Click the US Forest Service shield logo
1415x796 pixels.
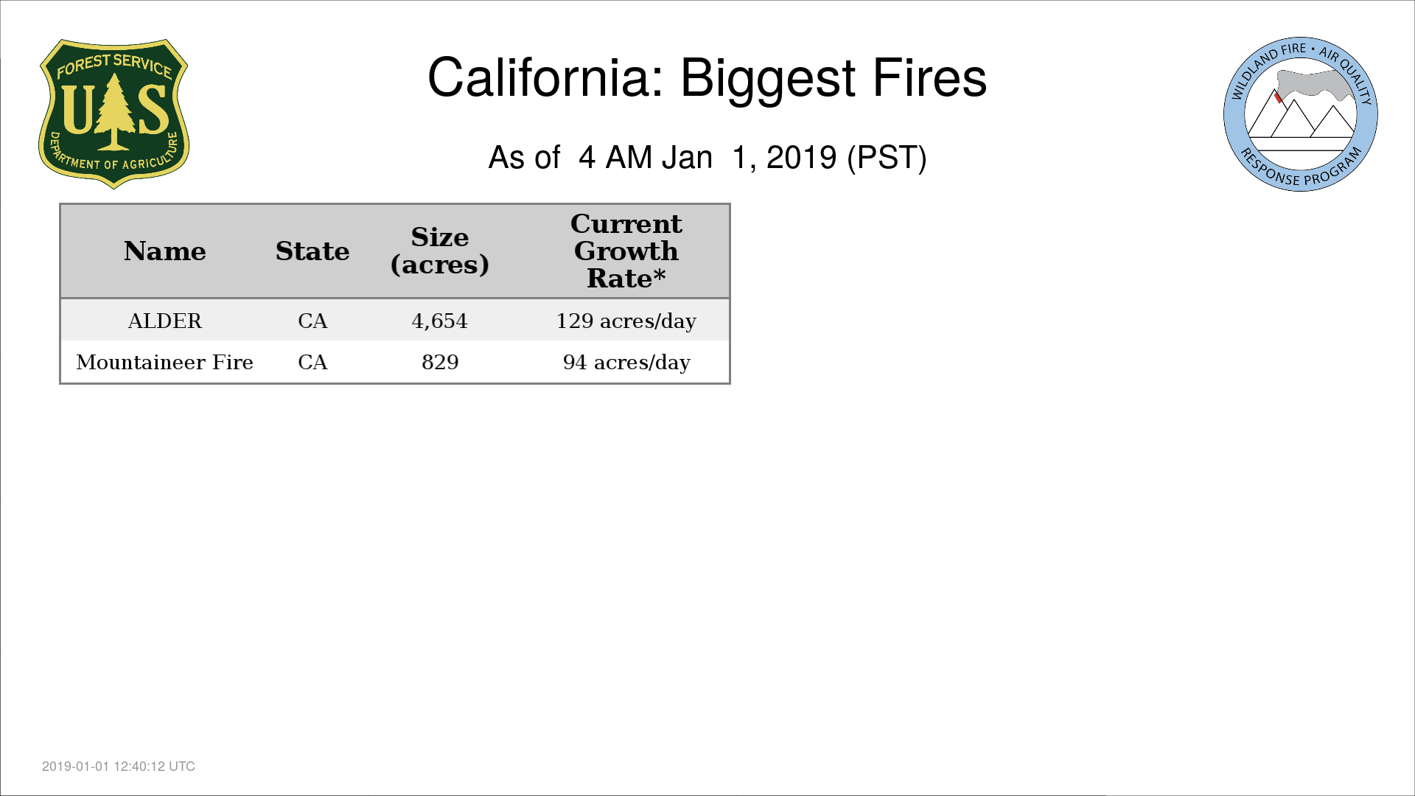click(x=113, y=114)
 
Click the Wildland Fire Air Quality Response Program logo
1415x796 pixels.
click(x=1301, y=114)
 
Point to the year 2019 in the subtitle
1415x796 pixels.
click(x=801, y=158)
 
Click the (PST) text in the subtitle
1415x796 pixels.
click(x=887, y=158)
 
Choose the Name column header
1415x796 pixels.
click(x=165, y=251)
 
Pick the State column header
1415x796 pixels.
click(x=312, y=251)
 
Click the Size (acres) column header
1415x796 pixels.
click(x=440, y=251)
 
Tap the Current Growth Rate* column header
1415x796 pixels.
click(x=626, y=251)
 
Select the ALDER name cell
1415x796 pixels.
click(x=165, y=321)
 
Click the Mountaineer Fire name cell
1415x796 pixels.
click(x=165, y=362)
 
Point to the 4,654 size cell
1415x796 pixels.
click(x=440, y=321)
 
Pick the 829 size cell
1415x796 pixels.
click(x=440, y=362)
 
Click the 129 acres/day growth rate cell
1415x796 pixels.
click(x=626, y=321)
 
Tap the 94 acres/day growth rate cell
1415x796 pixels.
click(x=626, y=363)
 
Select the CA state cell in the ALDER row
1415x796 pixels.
click(x=312, y=321)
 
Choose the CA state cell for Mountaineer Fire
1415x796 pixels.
click(x=312, y=362)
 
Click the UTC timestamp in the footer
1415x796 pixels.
click(x=119, y=767)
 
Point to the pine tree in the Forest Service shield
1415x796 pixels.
click(x=114, y=112)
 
